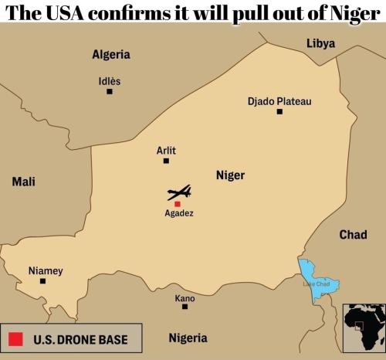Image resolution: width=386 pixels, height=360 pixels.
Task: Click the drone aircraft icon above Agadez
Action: [179, 192]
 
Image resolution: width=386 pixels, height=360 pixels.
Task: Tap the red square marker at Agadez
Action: [177, 204]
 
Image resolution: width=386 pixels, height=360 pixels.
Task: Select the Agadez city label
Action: [179, 213]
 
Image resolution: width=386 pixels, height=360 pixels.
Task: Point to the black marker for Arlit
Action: [165, 161]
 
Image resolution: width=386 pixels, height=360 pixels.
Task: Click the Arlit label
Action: [166, 151]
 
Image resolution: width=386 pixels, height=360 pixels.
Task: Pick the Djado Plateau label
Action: [279, 101]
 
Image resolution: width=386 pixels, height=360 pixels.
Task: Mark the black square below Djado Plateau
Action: [279, 112]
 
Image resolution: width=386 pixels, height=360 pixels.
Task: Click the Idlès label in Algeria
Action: [110, 81]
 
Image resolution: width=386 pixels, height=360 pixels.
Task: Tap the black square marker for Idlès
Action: [110, 91]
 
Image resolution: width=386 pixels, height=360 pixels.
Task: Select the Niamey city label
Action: [46, 270]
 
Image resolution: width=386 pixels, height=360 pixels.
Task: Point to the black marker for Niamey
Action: [42, 281]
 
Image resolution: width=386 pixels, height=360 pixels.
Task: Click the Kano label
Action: [185, 298]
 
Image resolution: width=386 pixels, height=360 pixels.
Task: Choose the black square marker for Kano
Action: [185, 307]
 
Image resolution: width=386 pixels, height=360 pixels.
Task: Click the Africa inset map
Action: [364, 324]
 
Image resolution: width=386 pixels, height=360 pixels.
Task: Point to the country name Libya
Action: [320, 43]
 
